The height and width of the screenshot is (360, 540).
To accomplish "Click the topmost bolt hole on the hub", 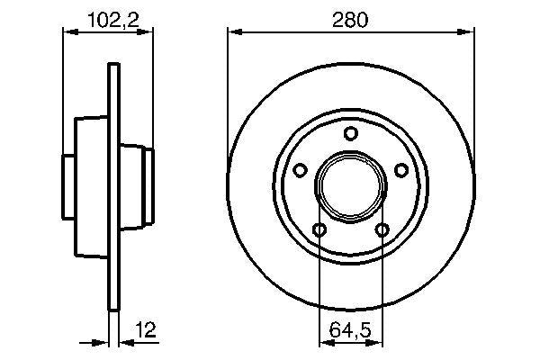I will (x=351, y=134).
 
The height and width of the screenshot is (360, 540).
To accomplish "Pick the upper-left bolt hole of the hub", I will (x=301, y=169).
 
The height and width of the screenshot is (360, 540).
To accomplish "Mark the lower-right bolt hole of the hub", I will (x=382, y=230).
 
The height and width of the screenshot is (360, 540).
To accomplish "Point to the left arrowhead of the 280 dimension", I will (x=233, y=32).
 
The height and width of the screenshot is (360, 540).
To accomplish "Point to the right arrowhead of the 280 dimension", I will (x=469, y=32).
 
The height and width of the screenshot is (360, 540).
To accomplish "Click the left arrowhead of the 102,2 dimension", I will (x=67, y=32).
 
